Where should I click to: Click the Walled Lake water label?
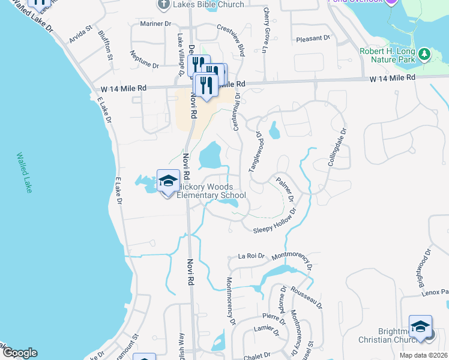tap(25, 172)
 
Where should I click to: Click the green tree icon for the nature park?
tap(425, 54)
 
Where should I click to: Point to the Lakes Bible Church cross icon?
tap(163, 5)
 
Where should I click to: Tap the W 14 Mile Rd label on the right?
tap(393, 78)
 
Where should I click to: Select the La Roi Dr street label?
tap(251, 256)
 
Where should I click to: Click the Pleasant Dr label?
tap(313, 38)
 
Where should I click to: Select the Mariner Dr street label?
tap(155, 23)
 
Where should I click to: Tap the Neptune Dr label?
tap(144, 58)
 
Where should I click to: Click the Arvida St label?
tap(80, 35)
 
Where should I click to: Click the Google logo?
tap(19, 353)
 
